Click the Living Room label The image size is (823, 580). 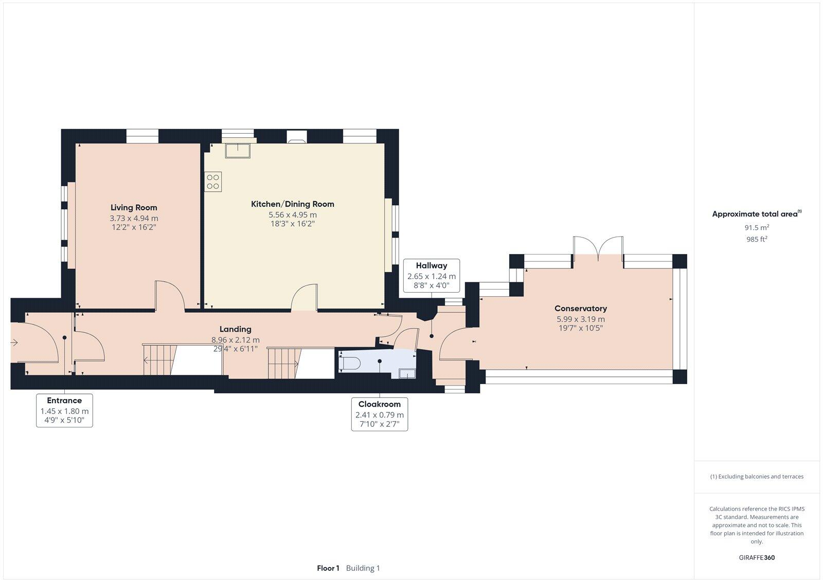(134, 208)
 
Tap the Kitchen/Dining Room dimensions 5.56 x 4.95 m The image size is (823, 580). (292, 214)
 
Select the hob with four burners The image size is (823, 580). (213, 182)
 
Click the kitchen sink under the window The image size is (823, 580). (238, 150)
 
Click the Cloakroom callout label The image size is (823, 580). (379, 404)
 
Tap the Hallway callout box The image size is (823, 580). (432, 276)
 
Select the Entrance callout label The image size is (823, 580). (64, 401)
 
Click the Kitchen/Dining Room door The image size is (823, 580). (305, 298)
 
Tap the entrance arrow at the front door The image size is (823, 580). (14, 342)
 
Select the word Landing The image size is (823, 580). (236, 329)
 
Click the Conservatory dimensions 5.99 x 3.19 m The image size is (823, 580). (580, 319)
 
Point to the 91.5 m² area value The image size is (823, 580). (756, 227)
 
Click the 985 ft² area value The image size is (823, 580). (756, 239)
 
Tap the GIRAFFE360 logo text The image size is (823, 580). (757, 557)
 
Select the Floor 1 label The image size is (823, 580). (328, 568)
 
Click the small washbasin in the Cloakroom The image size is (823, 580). (406, 373)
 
